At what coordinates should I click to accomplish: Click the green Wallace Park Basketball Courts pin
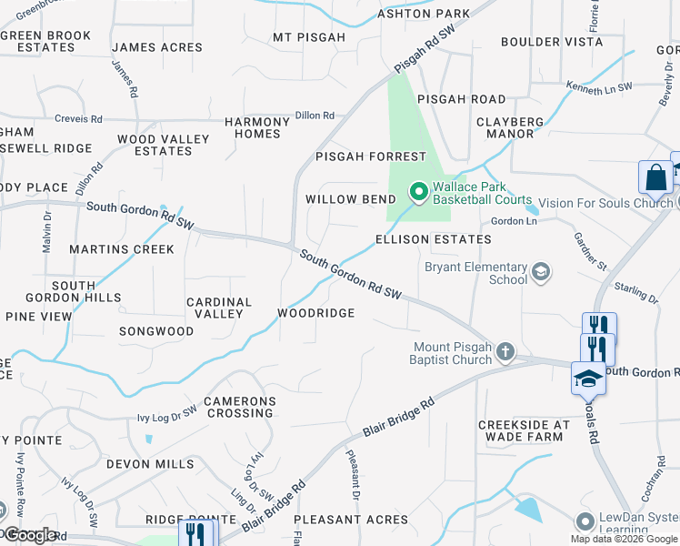pos(418,191)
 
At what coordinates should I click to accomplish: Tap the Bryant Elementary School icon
pos(541,272)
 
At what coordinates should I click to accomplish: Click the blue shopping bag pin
pos(655,178)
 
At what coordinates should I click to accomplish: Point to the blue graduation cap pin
pos(587,378)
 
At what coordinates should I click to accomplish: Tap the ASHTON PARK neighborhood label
pos(425,14)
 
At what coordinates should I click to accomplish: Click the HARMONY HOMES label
pos(253,127)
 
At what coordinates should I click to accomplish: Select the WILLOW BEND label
pos(351,199)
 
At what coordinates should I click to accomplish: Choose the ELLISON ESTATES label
pos(434,239)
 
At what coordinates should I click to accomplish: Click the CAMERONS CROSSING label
pos(239,407)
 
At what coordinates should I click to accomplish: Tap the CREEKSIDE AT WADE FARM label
pos(524,430)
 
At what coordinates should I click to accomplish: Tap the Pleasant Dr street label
pos(353,475)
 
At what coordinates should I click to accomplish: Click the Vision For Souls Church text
pos(605,203)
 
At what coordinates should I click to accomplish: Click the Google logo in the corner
pos(30,535)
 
